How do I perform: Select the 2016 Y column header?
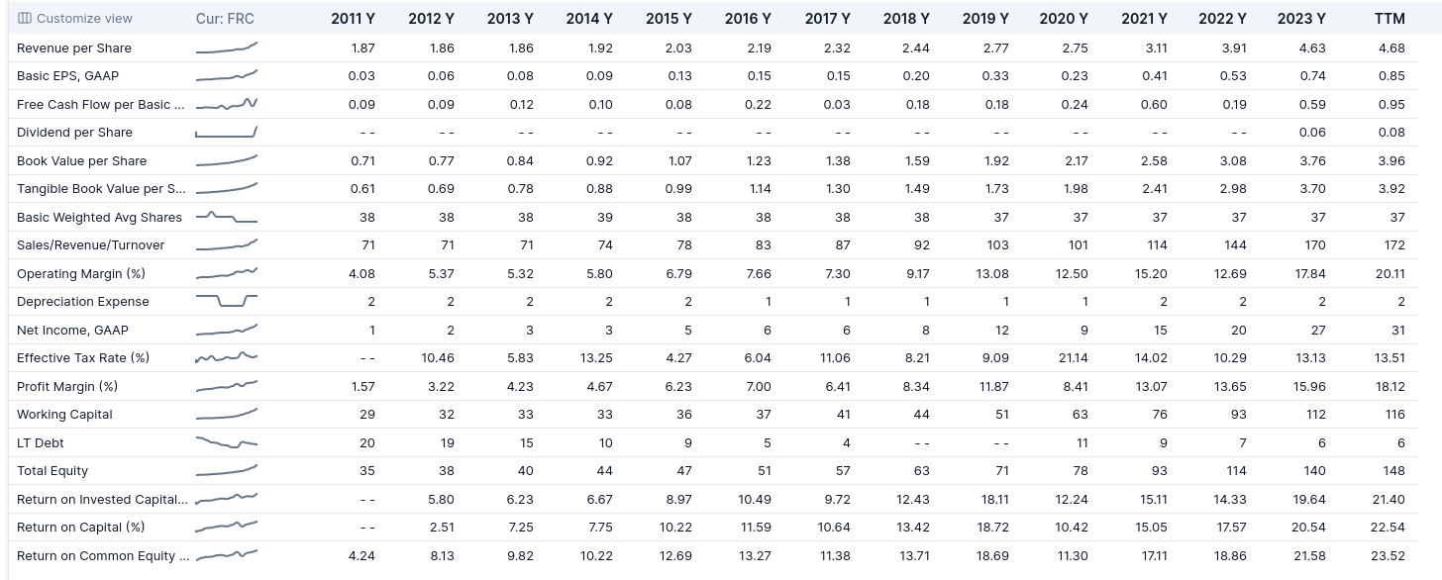click(748, 19)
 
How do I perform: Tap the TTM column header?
click(1390, 19)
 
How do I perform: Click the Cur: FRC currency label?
click(225, 19)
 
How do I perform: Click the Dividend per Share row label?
click(74, 133)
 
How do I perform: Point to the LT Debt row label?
click(40, 443)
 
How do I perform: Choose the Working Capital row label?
click(64, 415)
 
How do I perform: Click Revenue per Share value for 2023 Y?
click(1312, 48)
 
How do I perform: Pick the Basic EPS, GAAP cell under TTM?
click(1391, 76)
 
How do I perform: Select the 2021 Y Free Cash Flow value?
click(1154, 105)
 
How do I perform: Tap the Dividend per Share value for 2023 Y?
click(1312, 133)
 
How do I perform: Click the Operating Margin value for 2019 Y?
click(992, 274)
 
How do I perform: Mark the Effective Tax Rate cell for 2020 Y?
click(1073, 358)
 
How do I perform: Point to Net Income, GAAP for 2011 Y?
click(371, 331)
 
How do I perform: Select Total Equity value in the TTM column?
click(1393, 471)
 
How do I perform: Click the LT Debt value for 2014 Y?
click(605, 443)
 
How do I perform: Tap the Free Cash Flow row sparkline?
click(227, 104)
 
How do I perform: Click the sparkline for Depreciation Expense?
click(227, 300)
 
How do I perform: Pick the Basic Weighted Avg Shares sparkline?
click(227, 218)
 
